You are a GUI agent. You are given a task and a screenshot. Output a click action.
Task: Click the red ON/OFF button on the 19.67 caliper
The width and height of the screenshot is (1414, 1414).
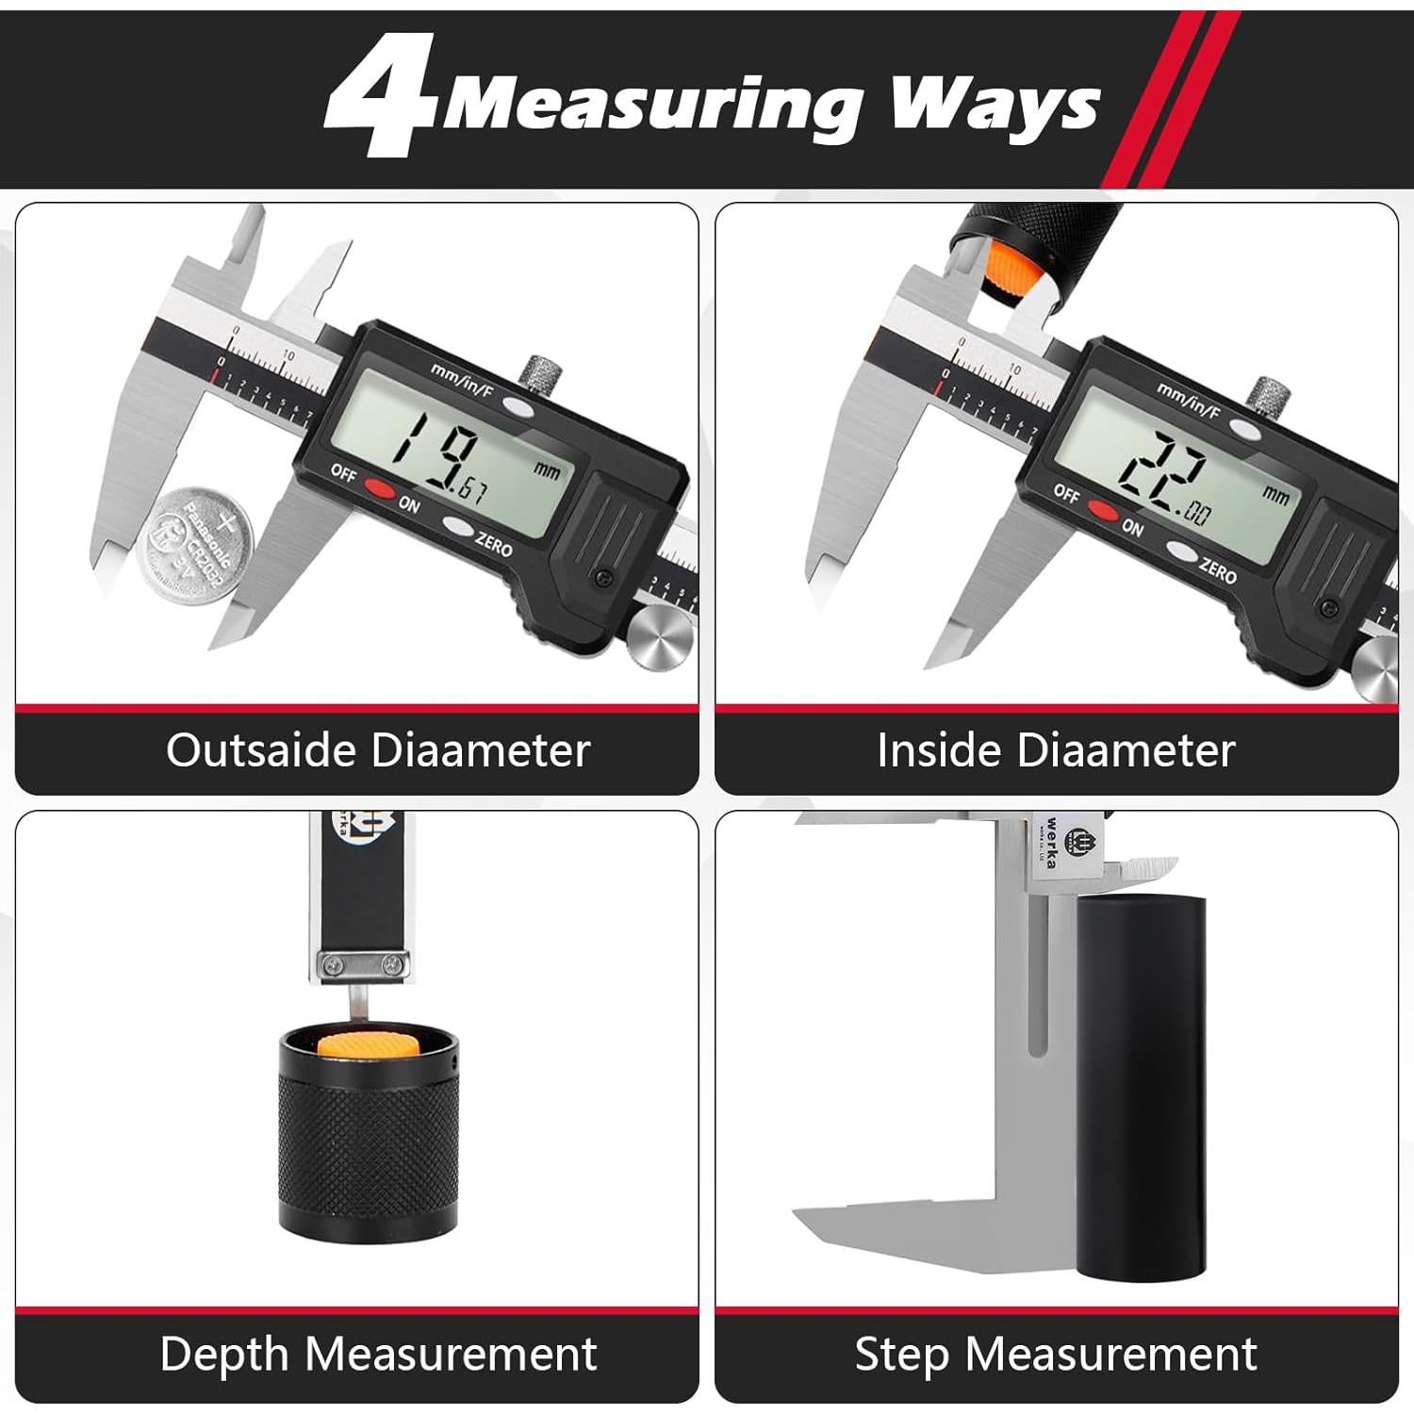coord(379,489)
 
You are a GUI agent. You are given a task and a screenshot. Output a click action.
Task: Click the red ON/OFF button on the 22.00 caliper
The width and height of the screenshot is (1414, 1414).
coord(1102,511)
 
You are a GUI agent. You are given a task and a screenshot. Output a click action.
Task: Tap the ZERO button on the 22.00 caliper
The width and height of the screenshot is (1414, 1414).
coord(1182,551)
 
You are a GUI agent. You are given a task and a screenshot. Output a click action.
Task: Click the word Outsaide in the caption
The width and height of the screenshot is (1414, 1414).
coord(260,750)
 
